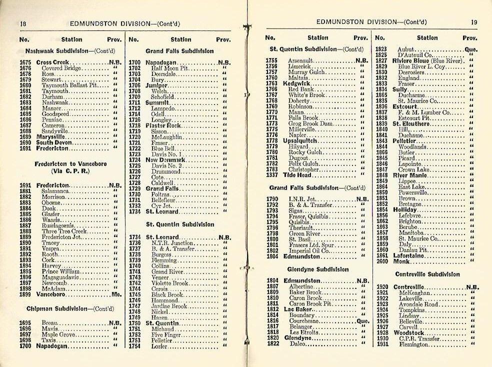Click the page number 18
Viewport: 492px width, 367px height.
tap(23, 23)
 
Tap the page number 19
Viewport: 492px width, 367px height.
tap(474, 22)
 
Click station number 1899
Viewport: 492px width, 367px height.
tap(25, 294)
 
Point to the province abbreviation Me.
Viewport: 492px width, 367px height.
tap(116, 294)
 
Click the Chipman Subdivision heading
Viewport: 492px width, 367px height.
tap(63, 308)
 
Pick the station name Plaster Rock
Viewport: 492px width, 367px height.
tap(163, 125)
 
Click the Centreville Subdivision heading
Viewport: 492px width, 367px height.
tap(427, 274)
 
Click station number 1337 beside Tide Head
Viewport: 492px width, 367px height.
tap(271, 175)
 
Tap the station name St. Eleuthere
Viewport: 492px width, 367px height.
tap(411, 123)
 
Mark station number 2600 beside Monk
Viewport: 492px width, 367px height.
tap(381, 261)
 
